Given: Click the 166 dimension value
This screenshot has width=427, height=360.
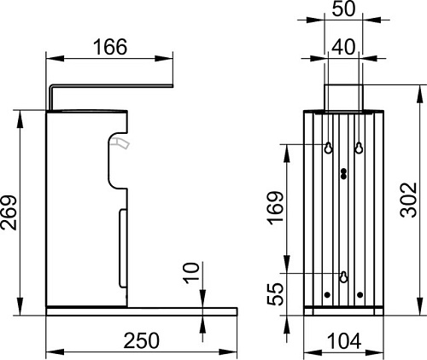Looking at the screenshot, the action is pos(110,47).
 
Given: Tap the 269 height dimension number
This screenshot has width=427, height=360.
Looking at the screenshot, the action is pos(9,212).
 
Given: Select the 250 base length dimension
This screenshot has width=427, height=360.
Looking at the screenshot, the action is pos(142,340).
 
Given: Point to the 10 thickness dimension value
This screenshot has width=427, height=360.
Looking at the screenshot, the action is pos(191,273).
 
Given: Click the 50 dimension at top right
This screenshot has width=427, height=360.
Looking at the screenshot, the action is pos(344,9).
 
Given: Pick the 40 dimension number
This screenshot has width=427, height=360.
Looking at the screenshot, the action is pos(344,47).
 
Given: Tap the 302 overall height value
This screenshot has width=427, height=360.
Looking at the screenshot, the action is pos(409,200).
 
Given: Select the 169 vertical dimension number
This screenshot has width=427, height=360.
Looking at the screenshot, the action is pos(277,208).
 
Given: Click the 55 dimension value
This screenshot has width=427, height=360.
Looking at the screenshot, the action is pos(277,294).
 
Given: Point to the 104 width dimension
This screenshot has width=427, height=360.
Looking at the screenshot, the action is pos(344,341).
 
